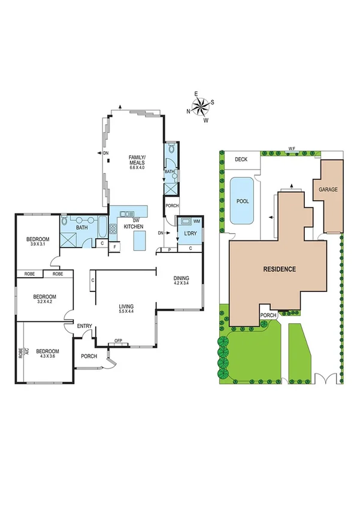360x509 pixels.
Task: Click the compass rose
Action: click(201, 107)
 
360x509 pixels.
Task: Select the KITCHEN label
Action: click(132, 226)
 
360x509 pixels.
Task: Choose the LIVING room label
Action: click(126, 306)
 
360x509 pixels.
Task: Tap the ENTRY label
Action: click(84, 326)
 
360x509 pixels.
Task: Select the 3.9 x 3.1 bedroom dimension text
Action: click(37, 245)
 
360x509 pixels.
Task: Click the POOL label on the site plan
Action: click(243, 202)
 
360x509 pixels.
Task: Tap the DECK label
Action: click(241, 159)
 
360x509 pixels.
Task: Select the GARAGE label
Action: click(328, 189)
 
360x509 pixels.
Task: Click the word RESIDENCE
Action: click(280, 269)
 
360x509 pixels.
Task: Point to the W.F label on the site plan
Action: click(292, 148)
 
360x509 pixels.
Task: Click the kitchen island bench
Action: click(140, 242)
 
